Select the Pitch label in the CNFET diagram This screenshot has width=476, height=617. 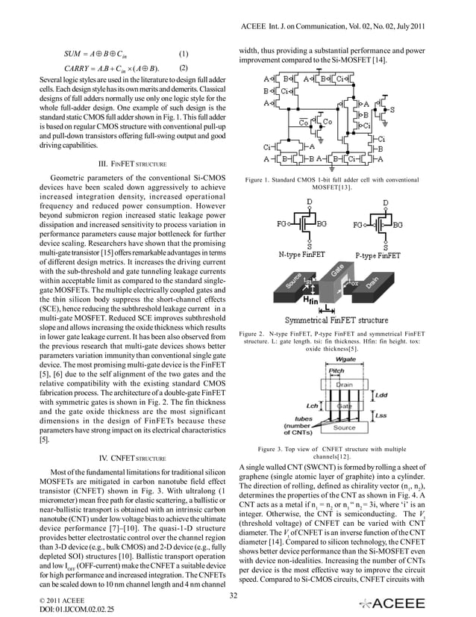click(x=336, y=370)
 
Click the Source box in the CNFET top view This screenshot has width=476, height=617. click(x=345, y=428)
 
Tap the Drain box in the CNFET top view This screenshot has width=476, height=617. click(x=345, y=384)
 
